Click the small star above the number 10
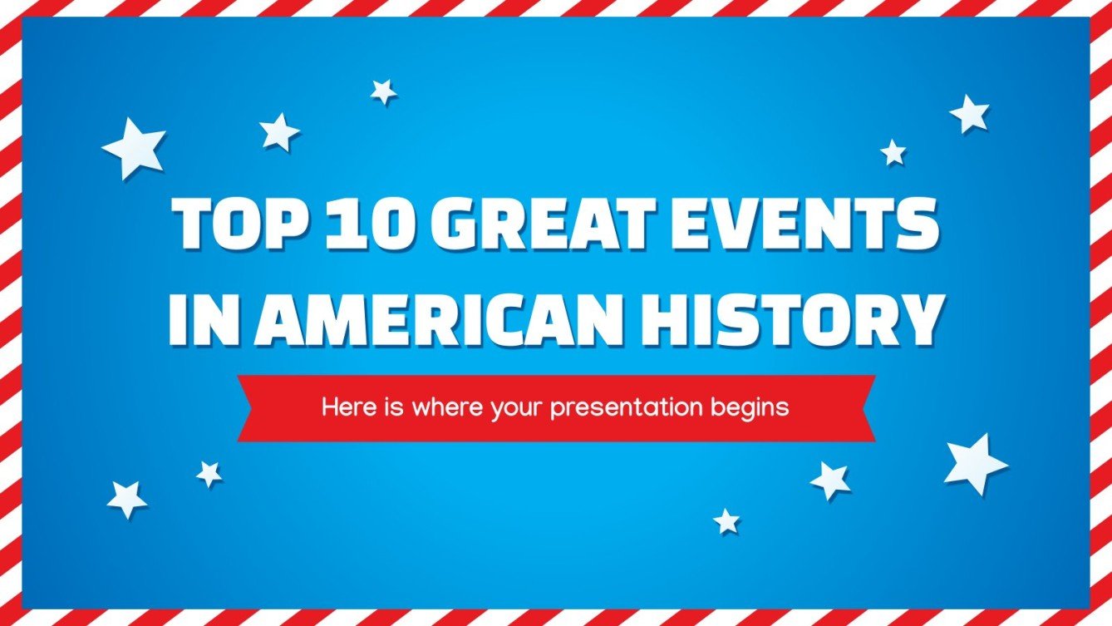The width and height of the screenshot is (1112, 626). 383,91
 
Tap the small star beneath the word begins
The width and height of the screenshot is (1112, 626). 726,521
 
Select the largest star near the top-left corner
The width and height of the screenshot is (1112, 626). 134,148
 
